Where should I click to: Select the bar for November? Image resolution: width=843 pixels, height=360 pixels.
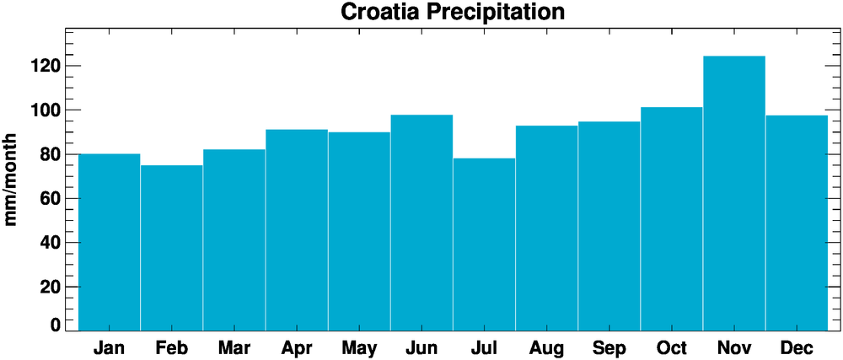click(734, 193)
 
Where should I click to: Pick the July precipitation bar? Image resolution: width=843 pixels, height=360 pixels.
click(484, 244)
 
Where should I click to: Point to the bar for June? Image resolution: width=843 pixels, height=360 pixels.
click(421, 223)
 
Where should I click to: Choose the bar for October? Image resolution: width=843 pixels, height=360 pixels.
click(672, 218)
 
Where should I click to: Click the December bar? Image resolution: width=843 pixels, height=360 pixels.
click(797, 223)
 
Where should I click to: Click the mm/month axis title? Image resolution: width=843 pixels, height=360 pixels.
click(12, 179)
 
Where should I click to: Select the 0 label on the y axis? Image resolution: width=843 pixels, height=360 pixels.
click(56, 325)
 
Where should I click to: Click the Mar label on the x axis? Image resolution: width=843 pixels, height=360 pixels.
click(234, 347)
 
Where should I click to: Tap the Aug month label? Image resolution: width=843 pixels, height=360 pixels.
click(546, 347)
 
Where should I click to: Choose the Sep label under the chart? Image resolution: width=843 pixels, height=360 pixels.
click(609, 347)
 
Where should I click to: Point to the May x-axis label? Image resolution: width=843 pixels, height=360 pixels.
click(359, 347)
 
